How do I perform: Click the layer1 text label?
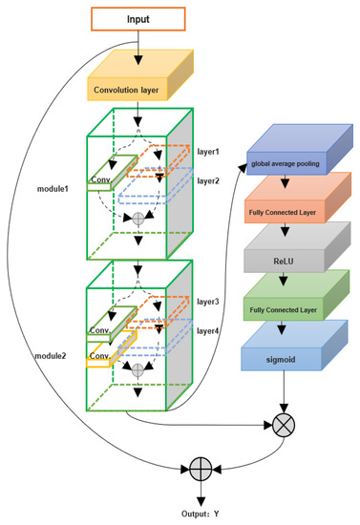point(208,152)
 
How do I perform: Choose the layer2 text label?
point(208,180)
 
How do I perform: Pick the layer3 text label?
point(208,302)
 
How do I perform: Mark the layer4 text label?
point(208,330)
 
